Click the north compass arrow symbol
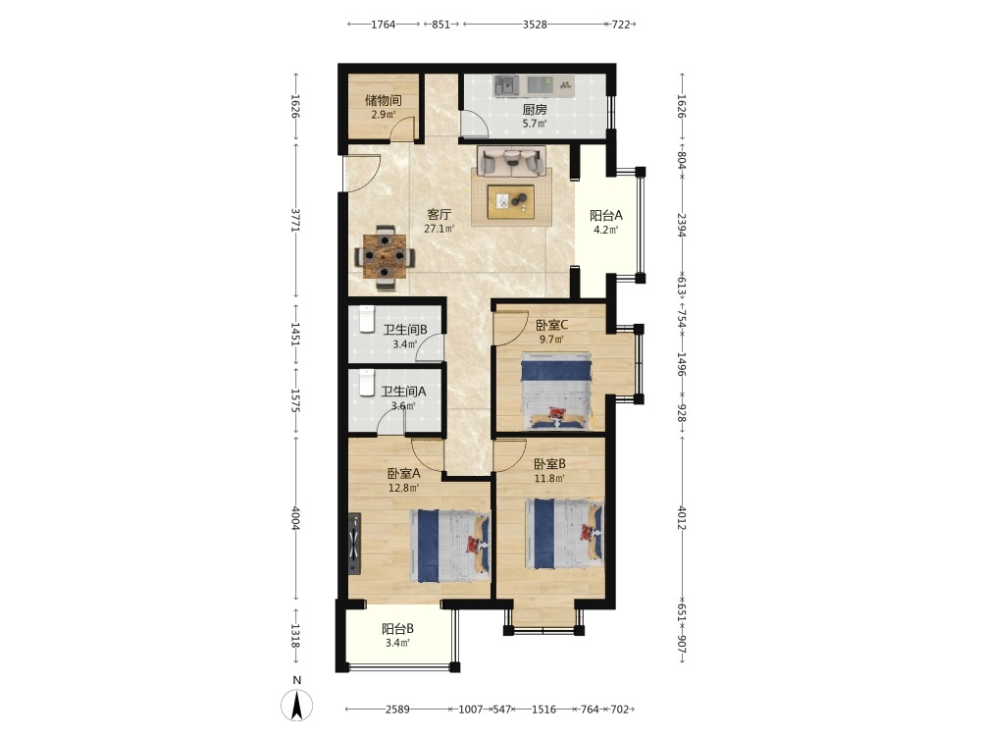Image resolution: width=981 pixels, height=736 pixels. coord(296,705)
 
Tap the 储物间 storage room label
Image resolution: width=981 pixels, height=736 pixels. coord(383,100)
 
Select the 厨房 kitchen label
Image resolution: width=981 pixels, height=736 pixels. coord(535,109)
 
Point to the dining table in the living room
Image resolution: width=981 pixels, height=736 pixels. coord(385,256)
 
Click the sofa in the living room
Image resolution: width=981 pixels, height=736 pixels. coord(511,162)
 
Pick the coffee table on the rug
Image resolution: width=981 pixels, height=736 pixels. coord(511,201)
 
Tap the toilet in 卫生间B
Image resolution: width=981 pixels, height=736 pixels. coord(366,318)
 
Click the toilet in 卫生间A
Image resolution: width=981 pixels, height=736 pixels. coord(367,383)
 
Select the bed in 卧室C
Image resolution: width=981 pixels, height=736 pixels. coord(556,391)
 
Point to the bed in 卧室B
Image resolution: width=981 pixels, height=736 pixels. coord(565,533)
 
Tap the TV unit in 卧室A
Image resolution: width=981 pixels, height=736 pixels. coord(354,544)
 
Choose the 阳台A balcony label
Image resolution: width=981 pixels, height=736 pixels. coord(606,215)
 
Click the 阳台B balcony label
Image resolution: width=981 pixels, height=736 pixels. coord(398,629)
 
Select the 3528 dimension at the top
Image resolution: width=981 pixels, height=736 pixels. coord(535,25)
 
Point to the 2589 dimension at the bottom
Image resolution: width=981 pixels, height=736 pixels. coord(397,710)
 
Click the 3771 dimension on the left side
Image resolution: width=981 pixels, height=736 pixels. coord(295,220)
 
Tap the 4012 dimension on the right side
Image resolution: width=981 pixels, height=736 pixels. coord(682,517)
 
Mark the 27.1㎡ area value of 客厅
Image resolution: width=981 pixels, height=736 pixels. coord(439,229)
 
